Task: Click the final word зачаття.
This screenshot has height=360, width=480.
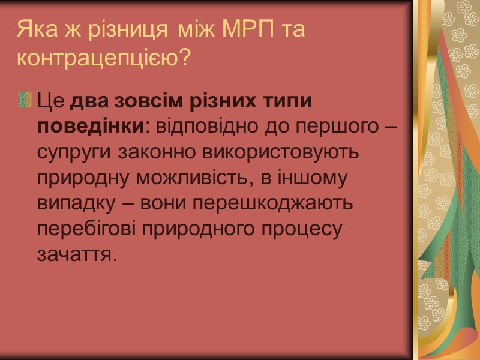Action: click(75, 255)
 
